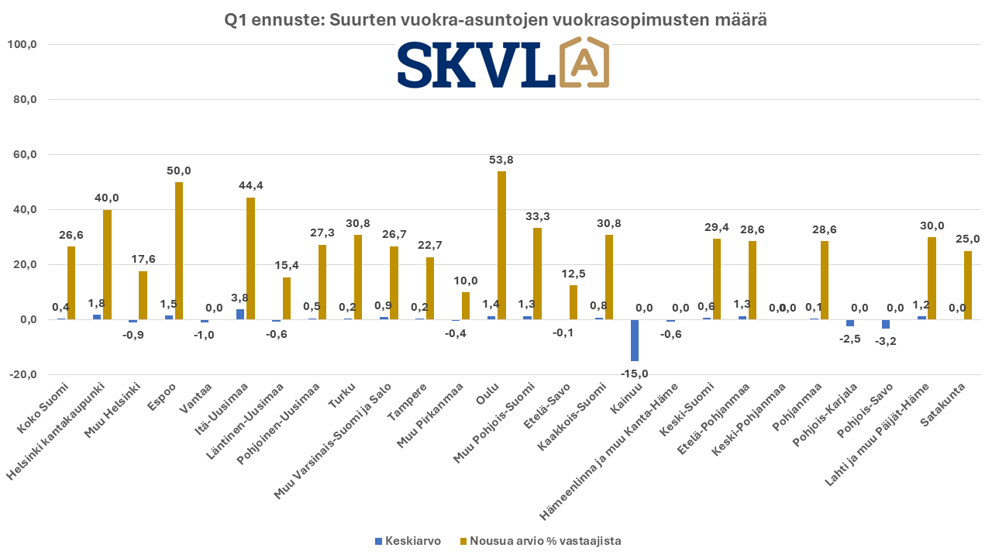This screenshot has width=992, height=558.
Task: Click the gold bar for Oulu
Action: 501,245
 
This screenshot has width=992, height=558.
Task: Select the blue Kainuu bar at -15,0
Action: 635,340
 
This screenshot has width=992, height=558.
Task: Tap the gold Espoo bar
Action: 179,250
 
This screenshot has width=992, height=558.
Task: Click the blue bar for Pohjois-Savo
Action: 886,324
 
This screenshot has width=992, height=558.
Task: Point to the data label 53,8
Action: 501,160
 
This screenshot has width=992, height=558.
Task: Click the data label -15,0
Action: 635,373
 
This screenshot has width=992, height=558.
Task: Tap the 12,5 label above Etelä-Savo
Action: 573,274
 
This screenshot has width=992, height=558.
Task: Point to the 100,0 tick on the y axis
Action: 22,45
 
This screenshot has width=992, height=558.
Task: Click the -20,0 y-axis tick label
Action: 22,375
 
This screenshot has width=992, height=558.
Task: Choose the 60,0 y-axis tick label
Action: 22,155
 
